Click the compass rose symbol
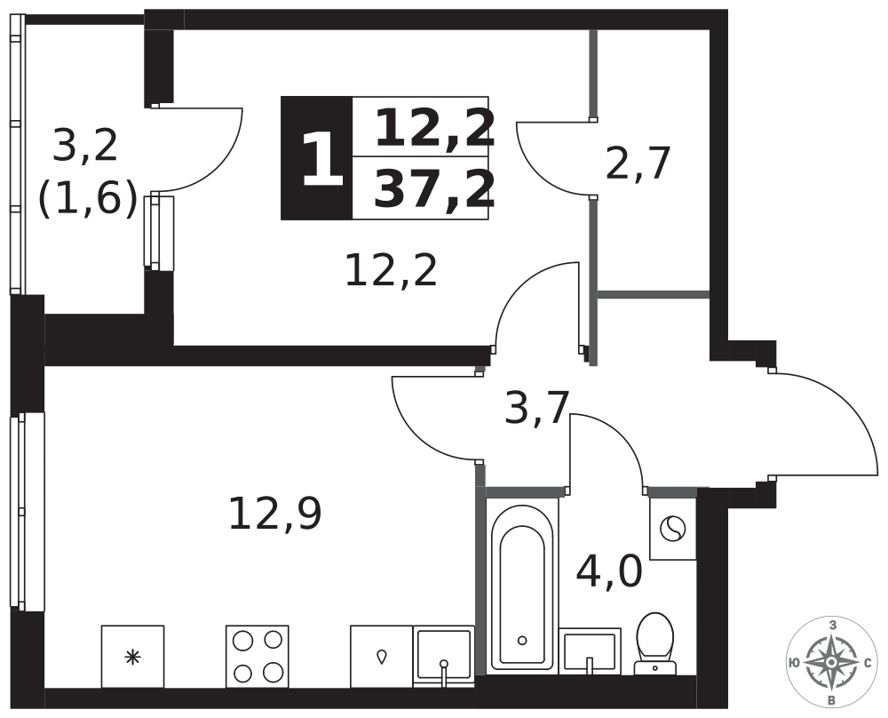tap(831, 663)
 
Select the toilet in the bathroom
tap(655, 643)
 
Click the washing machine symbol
tap(672, 529)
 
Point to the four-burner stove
tap(258, 656)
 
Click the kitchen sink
tap(443, 656)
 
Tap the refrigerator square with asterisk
tap(132, 656)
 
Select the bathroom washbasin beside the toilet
tap(590, 650)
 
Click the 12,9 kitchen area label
tap(275, 514)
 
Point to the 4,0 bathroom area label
tap(609, 571)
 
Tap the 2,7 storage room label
tap(638, 164)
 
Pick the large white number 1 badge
tap(322, 158)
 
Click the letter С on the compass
tap(868, 663)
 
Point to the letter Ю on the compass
tap(794, 663)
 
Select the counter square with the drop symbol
tap(382, 656)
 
